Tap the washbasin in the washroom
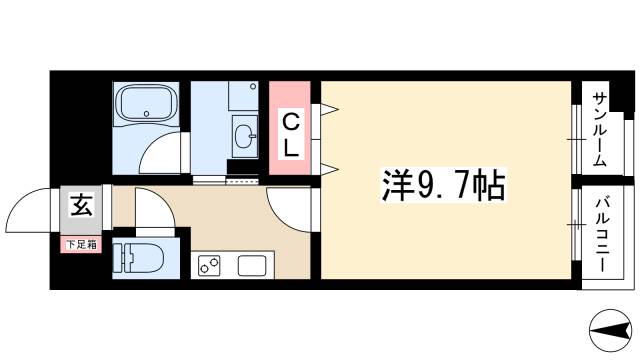(244, 134)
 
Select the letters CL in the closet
(290, 135)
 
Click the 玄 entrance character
(81, 207)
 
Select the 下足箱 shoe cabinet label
(81, 244)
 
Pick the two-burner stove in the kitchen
(211, 266)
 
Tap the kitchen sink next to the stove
(250, 267)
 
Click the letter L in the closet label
(290, 148)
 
